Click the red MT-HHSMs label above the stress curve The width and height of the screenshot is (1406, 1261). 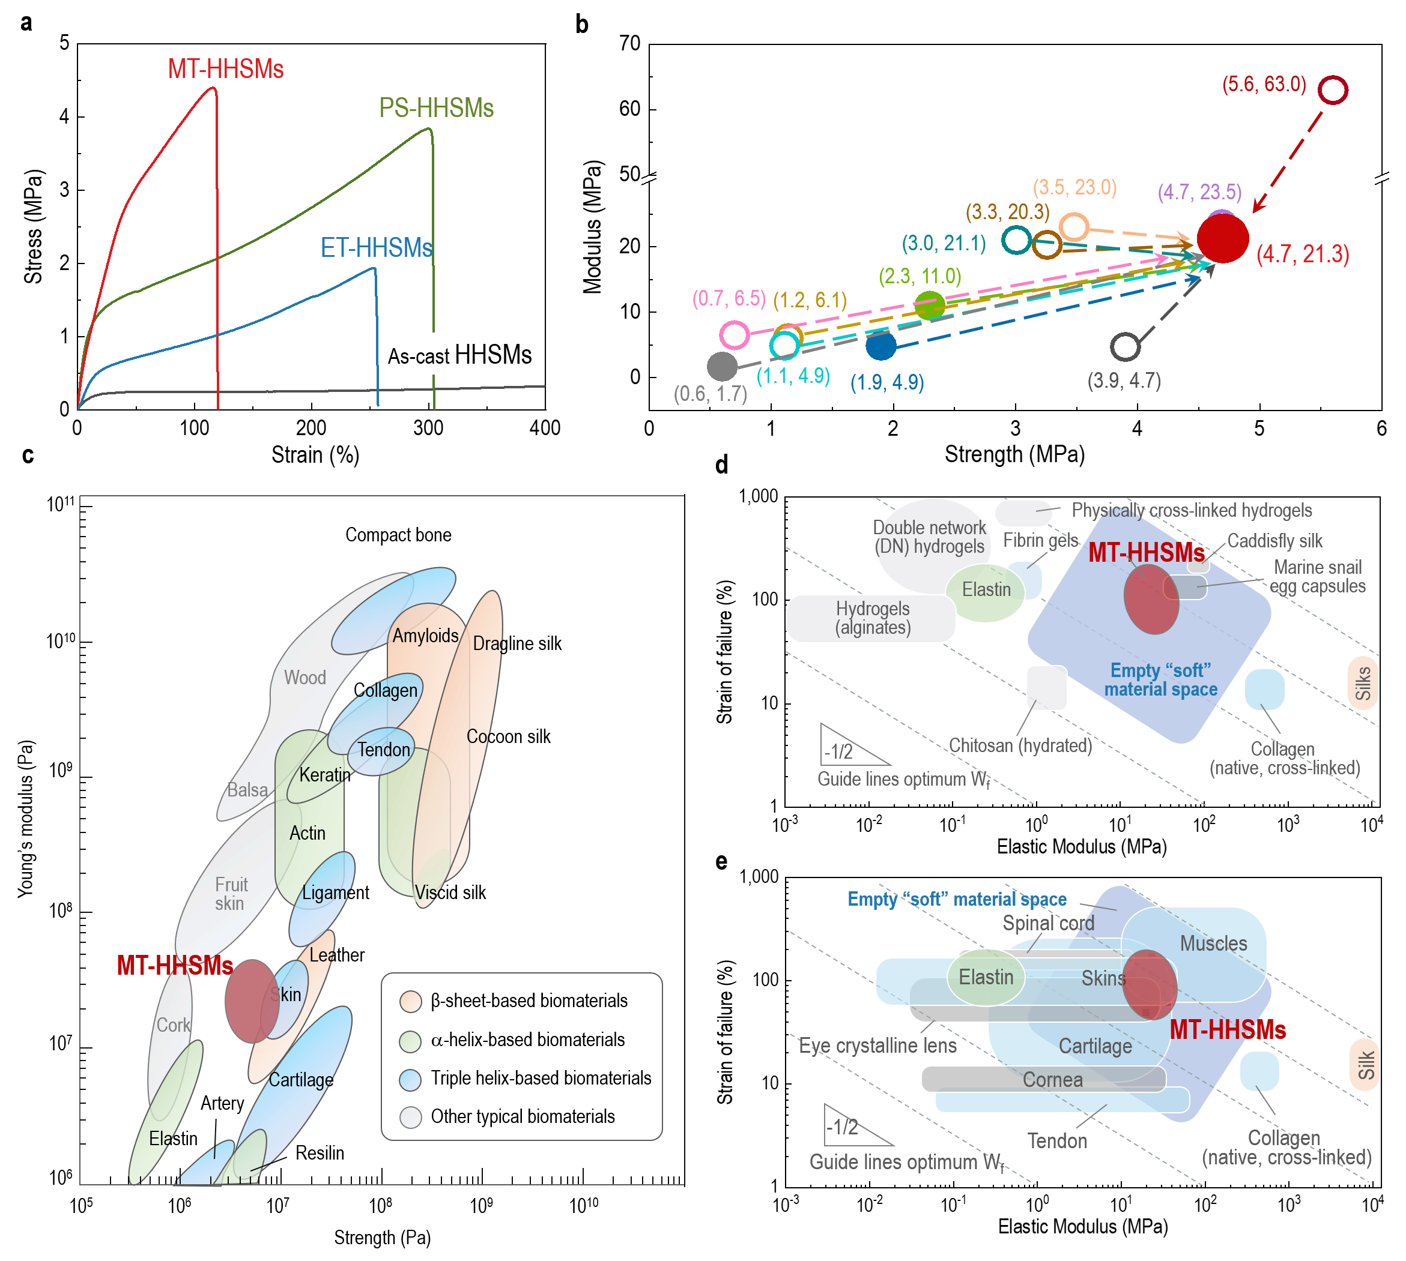[x=225, y=69]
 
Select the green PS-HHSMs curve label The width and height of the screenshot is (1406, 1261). [x=436, y=108]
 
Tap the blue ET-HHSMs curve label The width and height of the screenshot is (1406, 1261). [x=376, y=247]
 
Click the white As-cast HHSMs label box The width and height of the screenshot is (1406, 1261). [x=459, y=355]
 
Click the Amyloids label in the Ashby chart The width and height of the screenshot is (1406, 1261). [x=425, y=636]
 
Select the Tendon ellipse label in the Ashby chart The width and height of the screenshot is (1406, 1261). [x=383, y=750]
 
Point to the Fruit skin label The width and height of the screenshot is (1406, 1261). [x=230, y=894]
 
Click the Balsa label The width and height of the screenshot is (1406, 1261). [x=247, y=790]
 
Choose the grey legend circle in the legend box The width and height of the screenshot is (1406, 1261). [x=410, y=1117]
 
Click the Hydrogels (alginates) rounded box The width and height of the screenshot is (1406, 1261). [x=871, y=618]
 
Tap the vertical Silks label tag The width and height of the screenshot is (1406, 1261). [x=1362, y=683]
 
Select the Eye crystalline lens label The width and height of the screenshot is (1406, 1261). [x=877, y=1045]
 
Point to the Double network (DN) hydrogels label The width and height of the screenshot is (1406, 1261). [x=930, y=537]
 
